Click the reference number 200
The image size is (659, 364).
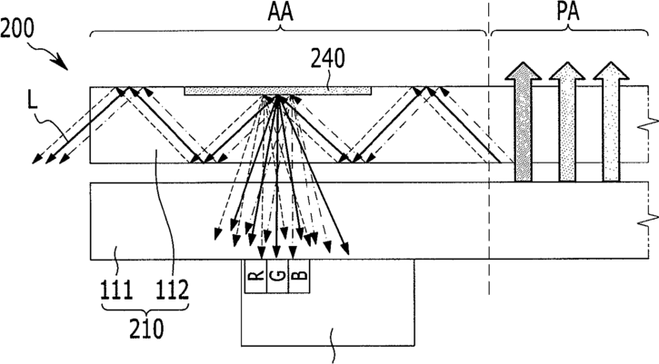pyautogui.click(x=17, y=28)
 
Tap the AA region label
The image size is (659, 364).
pyautogui.click(x=280, y=12)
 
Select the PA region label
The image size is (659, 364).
pyautogui.click(x=568, y=12)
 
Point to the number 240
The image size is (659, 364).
pyautogui.click(x=328, y=59)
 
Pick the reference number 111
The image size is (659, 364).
pyautogui.click(x=116, y=290)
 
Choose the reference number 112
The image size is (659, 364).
pyautogui.click(x=173, y=290)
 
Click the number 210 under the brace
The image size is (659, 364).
pyautogui.click(x=145, y=329)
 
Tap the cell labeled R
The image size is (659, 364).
pyautogui.click(x=256, y=276)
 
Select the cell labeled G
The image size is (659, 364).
pyautogui.click(x=278, y=276)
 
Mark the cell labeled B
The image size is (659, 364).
pyautogui.click(x=299, y=276)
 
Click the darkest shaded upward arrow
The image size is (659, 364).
pyautogui.click(x=523, y=122)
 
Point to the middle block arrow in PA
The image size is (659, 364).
pyautogui.click(x=567, y=122)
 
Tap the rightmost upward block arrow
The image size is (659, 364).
pyautogui.click(x=611, y=122)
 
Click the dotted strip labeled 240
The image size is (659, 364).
pyautogui.click(x=278, y=91)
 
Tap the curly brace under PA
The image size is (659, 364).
pyautogui.click(x=568, y=30)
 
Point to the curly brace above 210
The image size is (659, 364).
pyautogui.click(x=145, y=310)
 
